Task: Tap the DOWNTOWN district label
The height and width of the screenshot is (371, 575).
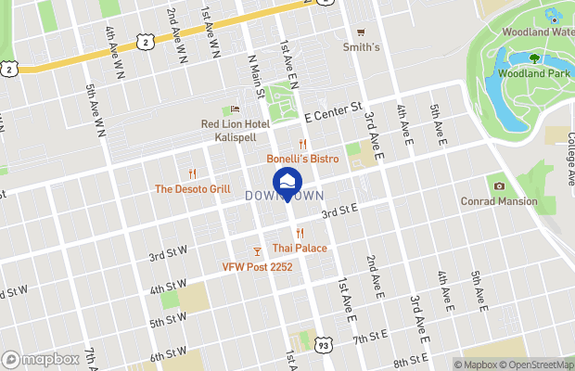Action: pyautogui.click(x=285, y=197)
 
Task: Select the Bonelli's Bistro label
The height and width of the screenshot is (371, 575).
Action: pyautogui.click(x=302, y=159)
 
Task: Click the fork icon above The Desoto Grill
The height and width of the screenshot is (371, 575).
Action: pyautogui.click(x=192, y=173)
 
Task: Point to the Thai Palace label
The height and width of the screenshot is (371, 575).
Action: pyautogui.click(x=299, y=248)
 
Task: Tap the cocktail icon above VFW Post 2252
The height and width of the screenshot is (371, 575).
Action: pyautogui.click(x=257, y=251)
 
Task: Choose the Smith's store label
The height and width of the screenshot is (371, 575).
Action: pyautogui.click(x=361, y=46)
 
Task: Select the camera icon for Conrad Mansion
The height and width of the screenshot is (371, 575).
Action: pyautogui.click(x=499, y=185)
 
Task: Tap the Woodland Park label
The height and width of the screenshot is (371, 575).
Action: pyautogui.click(x=532, y=73)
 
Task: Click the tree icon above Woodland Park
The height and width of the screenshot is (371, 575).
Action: pyautogui.click(x=534, y=58)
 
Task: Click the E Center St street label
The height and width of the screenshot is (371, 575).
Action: pyautogui.click(x=333, y=113)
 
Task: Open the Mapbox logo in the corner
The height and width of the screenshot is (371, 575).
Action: pyautogui.click(x=39, y=359)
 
